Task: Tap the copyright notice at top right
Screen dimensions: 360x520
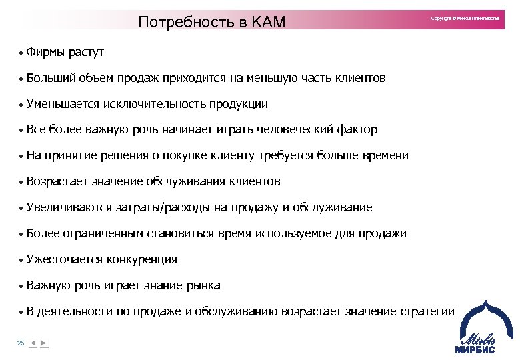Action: pyautogui.click(x=465, y=18)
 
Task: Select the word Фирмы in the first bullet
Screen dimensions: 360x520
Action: pyautogui.click(x=43, y=52)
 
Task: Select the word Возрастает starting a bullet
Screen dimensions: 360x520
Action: pyautogui.click(x=54, y=181)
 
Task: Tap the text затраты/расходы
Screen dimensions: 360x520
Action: pyautogui.click(x=163, y=207)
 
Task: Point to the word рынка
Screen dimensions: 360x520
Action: pyautogui.click(x=203, y=285)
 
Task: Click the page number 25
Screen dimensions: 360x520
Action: pyautogui.click(x=21, y=343)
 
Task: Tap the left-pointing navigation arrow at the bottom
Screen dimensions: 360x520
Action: pyautogui.click(x=33, y=343)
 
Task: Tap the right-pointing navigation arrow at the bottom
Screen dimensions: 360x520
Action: pyautogui.click(x=44, y=343)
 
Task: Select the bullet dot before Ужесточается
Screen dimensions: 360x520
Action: pyautogui.click(x=21, y=261)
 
